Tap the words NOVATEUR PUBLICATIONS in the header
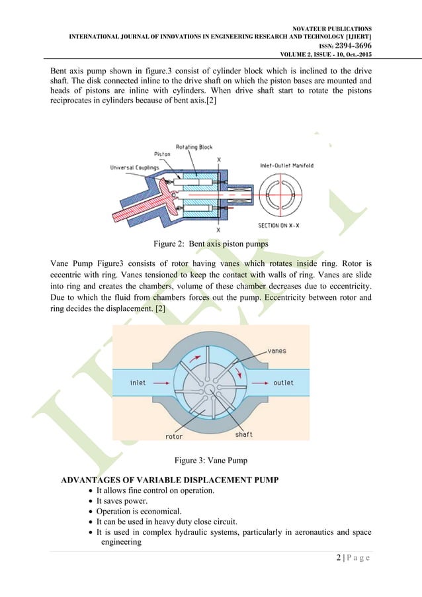pyautogui.click(x=329, y=28)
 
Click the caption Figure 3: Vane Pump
pyautogui.click(x=210, y=459)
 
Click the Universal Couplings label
pyautogui.click(x=135, y=167)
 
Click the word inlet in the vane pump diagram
pyautogui.click(x=138, y=383)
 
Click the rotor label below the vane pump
pyautogui.click(x=174, y=436)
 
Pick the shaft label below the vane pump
pyautogui.click(x=243, y=434)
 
